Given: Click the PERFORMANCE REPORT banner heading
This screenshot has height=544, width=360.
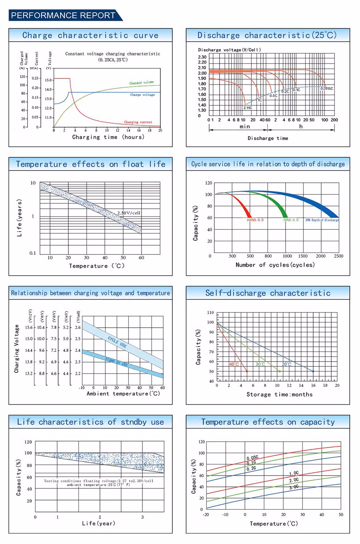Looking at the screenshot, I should coord(63,15).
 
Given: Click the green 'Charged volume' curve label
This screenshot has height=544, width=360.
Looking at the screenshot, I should coord(141,83).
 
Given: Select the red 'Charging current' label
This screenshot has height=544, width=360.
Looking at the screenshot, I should coord(138,122).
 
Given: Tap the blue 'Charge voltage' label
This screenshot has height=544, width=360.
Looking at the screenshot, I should coord(142,95).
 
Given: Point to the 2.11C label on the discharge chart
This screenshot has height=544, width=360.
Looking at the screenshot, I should coord(248,108).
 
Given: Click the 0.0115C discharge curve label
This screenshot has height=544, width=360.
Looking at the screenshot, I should coord(326,88).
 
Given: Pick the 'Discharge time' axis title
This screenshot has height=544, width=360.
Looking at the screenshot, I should coord(268,138).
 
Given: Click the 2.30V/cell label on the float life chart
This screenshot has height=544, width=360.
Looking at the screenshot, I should coord(129,213).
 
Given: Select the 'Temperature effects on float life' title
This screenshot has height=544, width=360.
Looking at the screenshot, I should coord(90,164).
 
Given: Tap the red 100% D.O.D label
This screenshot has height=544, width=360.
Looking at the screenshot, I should coord(255,220).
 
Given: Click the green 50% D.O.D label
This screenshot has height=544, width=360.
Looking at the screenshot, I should coord(291,220).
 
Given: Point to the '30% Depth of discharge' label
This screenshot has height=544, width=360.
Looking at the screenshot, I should coord(322,220).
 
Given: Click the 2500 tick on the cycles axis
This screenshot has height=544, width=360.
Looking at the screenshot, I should coord(338,256).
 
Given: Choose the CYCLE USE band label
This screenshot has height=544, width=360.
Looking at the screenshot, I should coord(117,342).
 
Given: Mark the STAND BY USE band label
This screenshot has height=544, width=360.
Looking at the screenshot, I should coord(117,362).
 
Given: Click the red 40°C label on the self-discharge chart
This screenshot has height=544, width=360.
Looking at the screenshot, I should coord(234,364).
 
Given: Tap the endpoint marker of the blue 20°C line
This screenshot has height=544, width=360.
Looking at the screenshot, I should coord(313,372).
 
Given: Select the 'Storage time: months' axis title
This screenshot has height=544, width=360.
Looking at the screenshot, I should coord(279,394).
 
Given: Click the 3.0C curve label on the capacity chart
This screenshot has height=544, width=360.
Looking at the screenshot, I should coord(294,487).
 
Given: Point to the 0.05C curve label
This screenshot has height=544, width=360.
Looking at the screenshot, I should coord(252,458).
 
